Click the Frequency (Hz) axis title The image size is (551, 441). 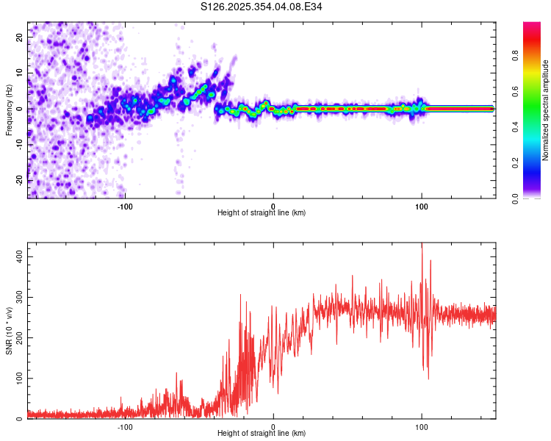pyautogui.click(x=9, y=110)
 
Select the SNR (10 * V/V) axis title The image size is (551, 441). pyautogui.click(x=9, y=331)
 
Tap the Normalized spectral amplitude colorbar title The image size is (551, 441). pyautogui.click(x=546, y=110)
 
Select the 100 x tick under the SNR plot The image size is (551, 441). pyautogui.click(x=422, y=426)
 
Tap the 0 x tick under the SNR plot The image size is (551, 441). pyautogui.click(x=273, y=426)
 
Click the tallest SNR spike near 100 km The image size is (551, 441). pyautogui.click(x=422, y=245)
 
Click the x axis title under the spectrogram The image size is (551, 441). pyautogui.click(x=262, y=213)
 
